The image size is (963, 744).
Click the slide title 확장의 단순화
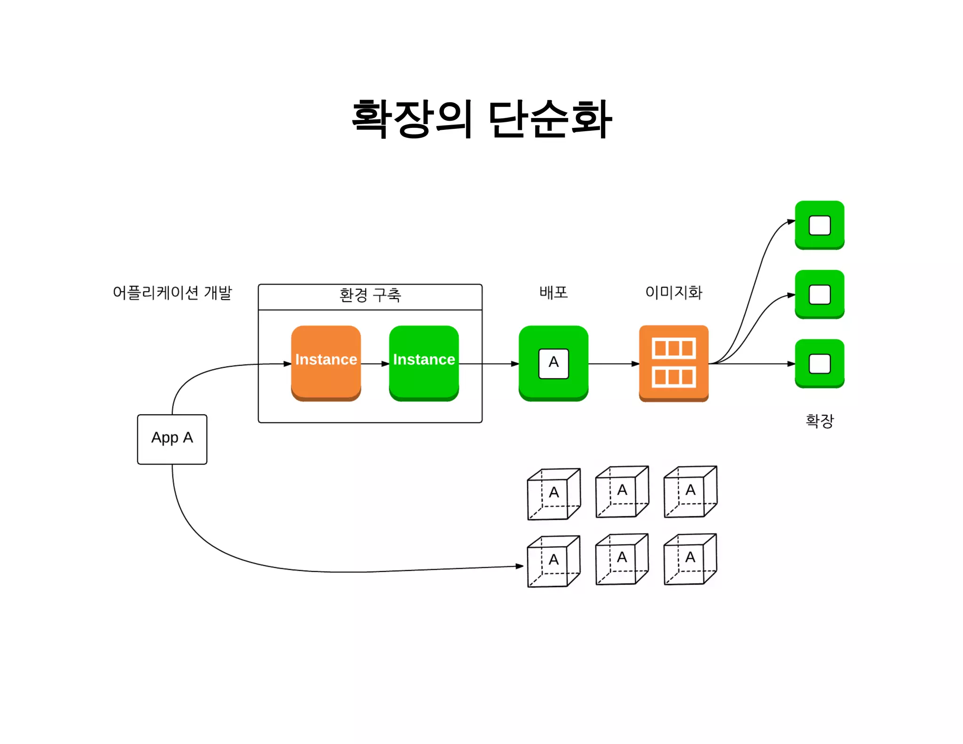(x=481, y=119)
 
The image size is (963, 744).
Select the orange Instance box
(x=326, y=363)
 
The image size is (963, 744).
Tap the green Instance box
(x=424, y=363)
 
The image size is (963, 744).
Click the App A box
(x=172, y=439)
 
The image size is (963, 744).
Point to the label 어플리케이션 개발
(x=172, y=293)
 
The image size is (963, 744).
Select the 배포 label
(x=553, y=293)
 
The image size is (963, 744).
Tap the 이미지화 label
(x=673, y=293)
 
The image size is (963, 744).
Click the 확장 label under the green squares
(x=819, y=420)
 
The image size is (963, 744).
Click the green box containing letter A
(x=553, y=363)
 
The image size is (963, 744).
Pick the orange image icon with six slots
(x=673, y=363)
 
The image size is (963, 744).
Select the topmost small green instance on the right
(x=819, y=225)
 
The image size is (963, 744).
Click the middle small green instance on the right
(x=819, y=294)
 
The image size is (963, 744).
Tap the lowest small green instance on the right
(x=819, y=363)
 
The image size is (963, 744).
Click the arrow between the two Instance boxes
(x=375, y=364)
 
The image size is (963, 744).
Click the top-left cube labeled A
(x=553, y=494)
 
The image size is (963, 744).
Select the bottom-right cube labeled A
(x=690, y=559)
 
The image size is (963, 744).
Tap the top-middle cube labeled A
(x=622, y=492)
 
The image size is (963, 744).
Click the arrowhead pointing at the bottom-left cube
(x=520, y=566)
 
